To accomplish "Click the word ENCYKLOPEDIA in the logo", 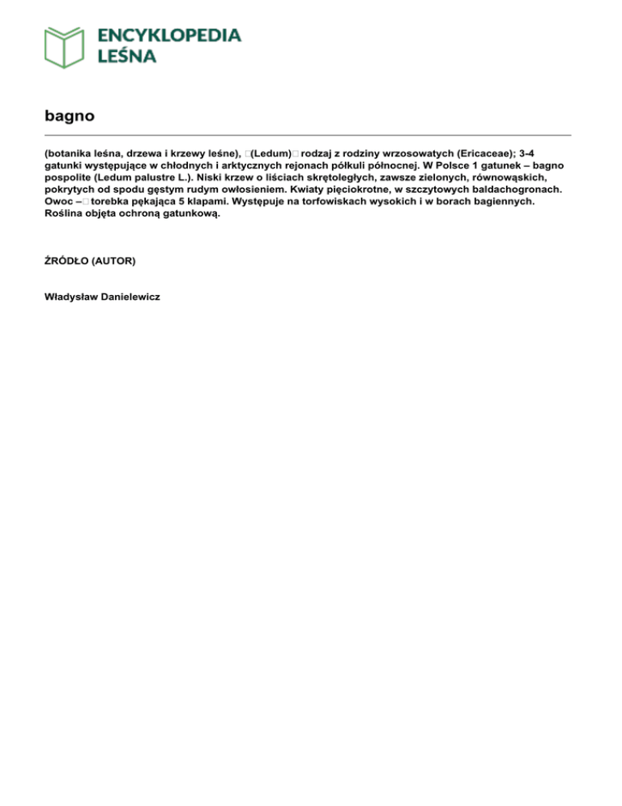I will tap(168, 35).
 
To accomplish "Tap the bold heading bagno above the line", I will tap(70, 116).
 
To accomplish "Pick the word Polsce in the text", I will tap(452, 165).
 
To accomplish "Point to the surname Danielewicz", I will tap(133, 297).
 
